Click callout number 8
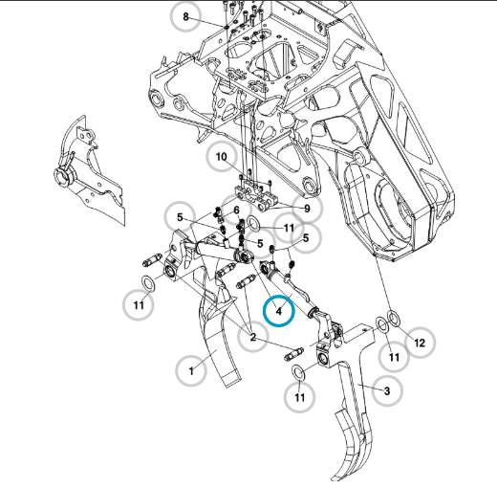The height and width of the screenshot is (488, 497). tap(185, 16)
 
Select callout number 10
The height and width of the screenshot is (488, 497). tap(222, 157)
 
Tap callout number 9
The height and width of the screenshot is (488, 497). tap(307, 209)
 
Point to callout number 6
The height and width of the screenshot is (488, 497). tap(236, 211)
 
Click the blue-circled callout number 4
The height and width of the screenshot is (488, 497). tap(279, 311)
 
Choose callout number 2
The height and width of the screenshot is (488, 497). tap(253, 337)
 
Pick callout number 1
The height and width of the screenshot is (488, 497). tap(191, 371)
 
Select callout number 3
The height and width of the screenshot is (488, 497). tap(387, 390)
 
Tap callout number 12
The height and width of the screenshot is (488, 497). tap(420, 343)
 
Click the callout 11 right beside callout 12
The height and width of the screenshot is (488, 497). tap(395, 357)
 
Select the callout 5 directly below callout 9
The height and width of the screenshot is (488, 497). tap(306, 238)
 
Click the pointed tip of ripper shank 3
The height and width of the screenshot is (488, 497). tap(334, 479)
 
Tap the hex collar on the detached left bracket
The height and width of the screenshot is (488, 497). tap(65, 176)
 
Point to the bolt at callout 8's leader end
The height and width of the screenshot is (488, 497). tap(227, 27)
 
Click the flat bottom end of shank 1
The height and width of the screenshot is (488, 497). tap(233, 380)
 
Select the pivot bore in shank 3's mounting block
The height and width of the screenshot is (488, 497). tap(322, 359)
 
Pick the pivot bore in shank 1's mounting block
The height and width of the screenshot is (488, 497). tap(169, 272)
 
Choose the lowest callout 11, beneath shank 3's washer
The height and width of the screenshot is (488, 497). tap(299, 397)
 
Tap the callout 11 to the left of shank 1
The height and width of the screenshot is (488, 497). tap(139, 305)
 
